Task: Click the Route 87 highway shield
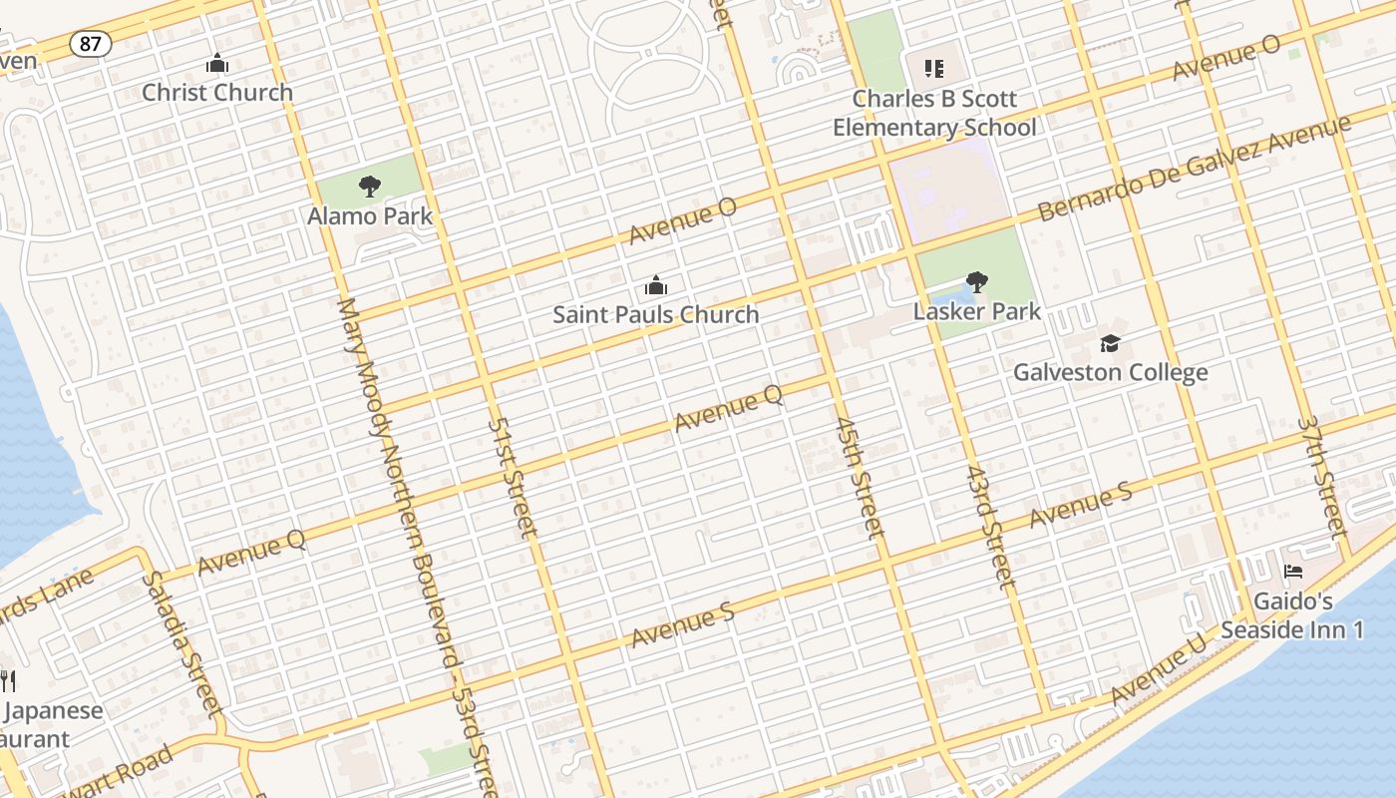[90, 43]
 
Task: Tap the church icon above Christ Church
[216, 64]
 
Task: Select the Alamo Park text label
[370, 215]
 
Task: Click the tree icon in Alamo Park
[370, 186]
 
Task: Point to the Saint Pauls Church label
[656, 314]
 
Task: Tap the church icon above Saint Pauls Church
[656, 286]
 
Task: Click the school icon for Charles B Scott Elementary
[933, 69]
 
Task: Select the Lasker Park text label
[977, 311]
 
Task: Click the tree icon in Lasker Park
[977, 282]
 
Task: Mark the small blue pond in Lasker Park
[948, 296]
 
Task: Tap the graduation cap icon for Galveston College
[1110, 344]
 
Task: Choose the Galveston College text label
[1110, 372]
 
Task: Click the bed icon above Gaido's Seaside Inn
[1293, 573]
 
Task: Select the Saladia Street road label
[180, 643]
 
